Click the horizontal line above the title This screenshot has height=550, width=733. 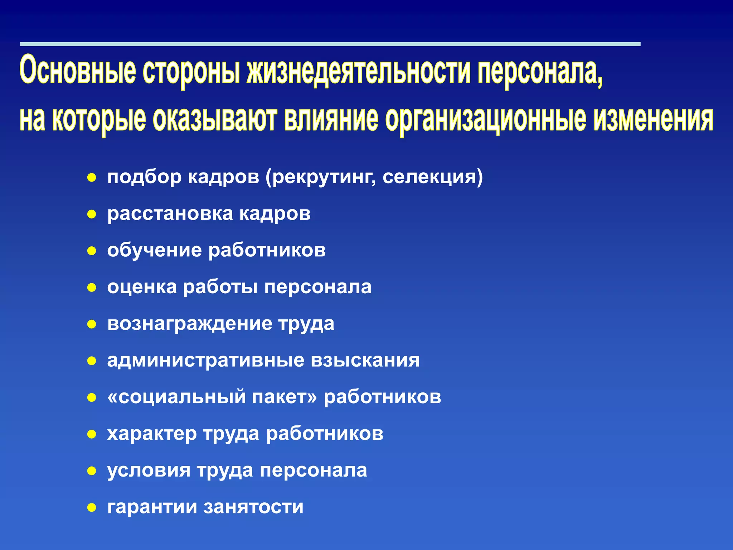click(329, 44)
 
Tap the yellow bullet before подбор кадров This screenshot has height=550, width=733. click(92, 177)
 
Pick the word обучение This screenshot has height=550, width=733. click(154, 251)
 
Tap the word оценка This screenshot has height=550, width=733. click(142, 287)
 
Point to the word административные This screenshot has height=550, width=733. click(205, 360)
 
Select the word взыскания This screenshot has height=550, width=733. click(365, 360)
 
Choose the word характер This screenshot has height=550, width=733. click(152, 434)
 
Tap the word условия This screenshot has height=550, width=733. click(149, 471)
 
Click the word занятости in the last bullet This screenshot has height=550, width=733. click(253, 507)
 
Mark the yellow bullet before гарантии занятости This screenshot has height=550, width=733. click(92, 507)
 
